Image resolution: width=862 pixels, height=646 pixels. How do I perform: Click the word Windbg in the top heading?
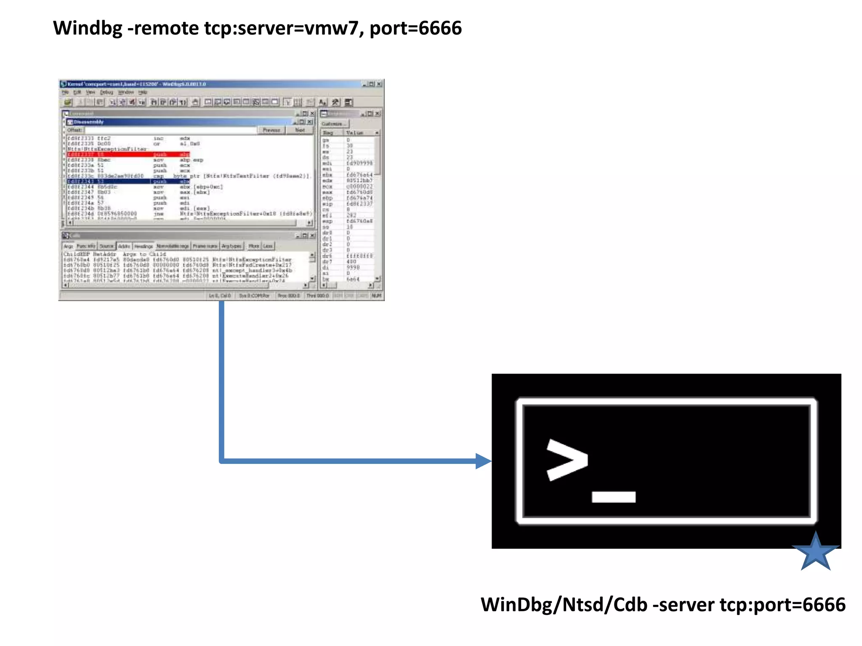pyautogui.click(x=88, y=29)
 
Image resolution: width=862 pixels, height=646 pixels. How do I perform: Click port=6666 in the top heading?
pyautogui.click(x=415, y=29)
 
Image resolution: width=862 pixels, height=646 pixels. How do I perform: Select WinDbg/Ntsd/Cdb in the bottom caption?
pyautogui.click(x=564, y=605)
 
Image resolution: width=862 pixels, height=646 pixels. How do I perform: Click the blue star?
pyautogui.click(x=815, y=552)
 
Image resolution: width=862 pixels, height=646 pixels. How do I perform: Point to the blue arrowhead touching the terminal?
pyautogui.click(x=483, y=461)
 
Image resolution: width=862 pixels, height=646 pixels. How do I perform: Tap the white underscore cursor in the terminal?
pyautogui.click(x=613, y=497)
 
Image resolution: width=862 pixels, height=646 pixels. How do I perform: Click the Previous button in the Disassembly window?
pyautogui.click(x=271, y=130)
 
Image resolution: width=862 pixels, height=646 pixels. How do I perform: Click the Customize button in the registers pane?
pyautogui.click(x=334, y=124)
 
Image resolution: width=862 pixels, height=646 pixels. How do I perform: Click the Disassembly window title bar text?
pyautogui.click(x=89, y=122)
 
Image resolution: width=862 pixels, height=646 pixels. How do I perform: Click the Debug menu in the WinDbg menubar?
pyautogui.click(x=106, y=92)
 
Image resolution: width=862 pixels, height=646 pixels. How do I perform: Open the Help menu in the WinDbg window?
pyautogui.click(x=143, y=92)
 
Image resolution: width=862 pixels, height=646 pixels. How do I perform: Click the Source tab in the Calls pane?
pyautogui.click(x=106, y=246)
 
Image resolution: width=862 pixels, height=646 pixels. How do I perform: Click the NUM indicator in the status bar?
pyautogui.click(x=376, y=296)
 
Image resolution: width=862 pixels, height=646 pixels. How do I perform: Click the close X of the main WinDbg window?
pyautogui.click(x=379, y=84)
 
